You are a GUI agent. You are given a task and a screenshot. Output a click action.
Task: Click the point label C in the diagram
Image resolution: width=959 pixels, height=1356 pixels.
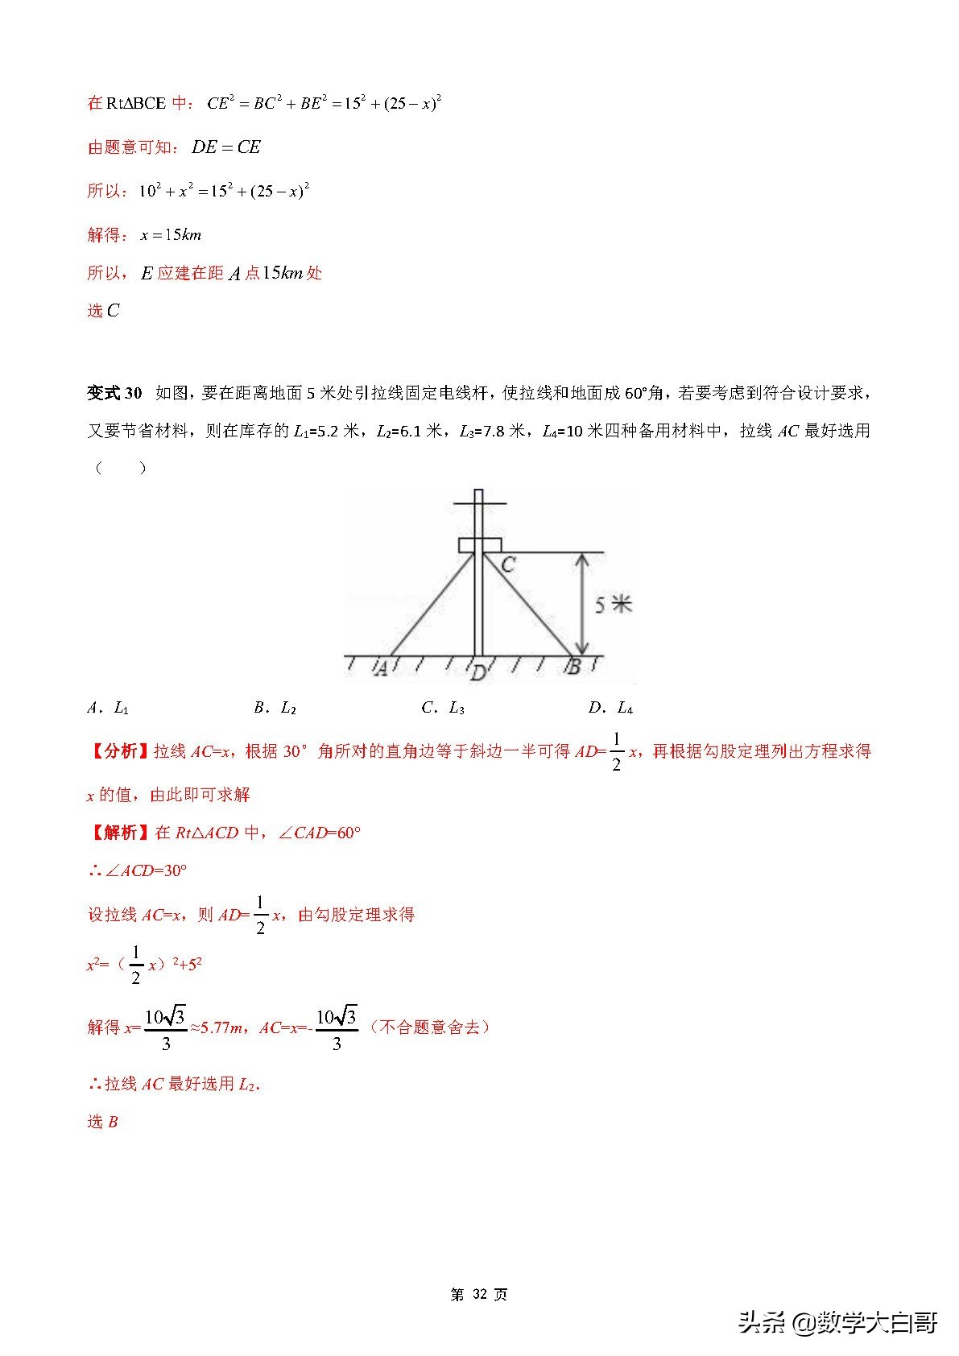point(507,564)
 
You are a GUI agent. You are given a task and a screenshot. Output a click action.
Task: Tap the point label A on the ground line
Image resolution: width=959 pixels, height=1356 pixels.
point(382,668)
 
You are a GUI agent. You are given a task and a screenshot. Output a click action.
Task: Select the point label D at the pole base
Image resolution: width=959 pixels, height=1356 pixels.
point(478,672)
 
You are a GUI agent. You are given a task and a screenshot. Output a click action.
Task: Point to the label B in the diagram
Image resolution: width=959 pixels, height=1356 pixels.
point(573,667)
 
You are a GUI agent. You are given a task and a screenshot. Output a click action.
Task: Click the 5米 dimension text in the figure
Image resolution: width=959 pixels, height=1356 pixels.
point(614,604)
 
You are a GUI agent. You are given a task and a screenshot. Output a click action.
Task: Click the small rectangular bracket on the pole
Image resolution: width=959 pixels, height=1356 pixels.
point(480,545)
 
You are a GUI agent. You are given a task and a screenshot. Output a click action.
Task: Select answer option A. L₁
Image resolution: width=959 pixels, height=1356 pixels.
point(108,708)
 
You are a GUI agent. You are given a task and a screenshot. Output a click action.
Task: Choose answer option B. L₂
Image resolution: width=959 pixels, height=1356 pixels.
point(275,708)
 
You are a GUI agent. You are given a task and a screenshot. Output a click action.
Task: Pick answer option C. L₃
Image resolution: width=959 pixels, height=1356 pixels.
point(443,708)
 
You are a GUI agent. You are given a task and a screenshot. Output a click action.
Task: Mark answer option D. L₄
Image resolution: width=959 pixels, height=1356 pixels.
point(610,708)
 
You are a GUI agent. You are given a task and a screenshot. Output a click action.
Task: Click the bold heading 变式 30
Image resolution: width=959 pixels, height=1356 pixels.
point(114,393)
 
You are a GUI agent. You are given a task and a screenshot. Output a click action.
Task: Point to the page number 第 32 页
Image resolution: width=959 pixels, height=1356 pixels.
point(479,1295)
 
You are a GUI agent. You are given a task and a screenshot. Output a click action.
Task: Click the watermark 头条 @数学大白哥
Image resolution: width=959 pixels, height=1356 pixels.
point(837,1322)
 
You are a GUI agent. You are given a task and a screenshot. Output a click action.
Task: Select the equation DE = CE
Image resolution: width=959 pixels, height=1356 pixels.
point(226,147)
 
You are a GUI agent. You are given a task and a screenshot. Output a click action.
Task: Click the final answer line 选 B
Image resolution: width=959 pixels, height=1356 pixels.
point(102,1122)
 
